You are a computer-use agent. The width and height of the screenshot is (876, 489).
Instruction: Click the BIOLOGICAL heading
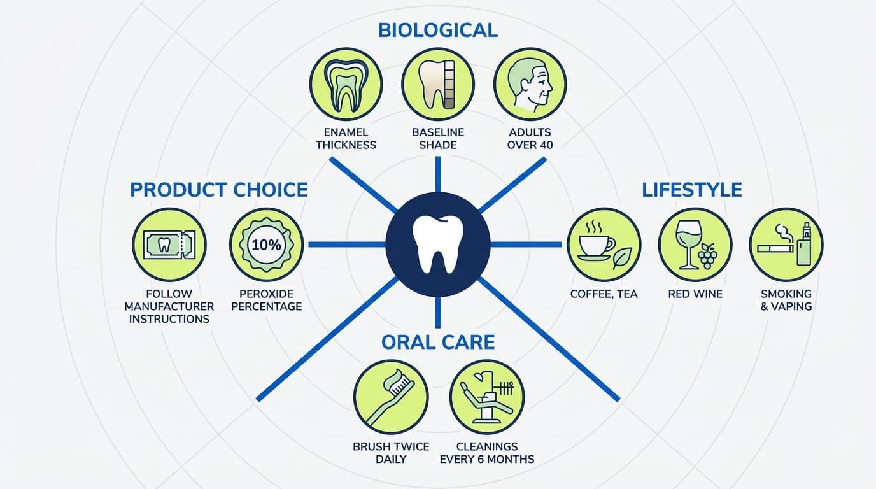pos(438,30)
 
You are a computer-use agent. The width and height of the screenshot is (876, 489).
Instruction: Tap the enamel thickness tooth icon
pos(346,83)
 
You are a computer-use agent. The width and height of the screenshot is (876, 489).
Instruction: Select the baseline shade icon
pos(438,83)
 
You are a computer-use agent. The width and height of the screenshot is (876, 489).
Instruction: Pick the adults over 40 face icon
pos(530,83)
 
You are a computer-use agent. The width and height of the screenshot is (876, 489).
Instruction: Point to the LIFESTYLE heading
pos(692,190)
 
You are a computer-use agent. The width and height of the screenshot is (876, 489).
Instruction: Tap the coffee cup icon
pos(604,245)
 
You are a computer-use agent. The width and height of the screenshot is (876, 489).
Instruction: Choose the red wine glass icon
pos(695,245)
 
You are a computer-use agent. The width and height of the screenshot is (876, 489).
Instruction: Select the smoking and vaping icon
pos(786,245)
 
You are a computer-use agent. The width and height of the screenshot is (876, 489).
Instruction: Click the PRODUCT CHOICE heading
pos(218,190)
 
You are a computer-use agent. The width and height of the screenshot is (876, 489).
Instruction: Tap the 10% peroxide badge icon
pos(266,245)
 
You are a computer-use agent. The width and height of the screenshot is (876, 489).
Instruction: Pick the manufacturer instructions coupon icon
pos(169,245)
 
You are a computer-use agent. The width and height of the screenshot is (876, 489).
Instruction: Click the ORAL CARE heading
pos(438,342)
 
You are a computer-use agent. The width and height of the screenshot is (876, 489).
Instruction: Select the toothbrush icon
pos(391,397)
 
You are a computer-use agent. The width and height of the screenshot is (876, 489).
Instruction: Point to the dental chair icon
pos(487,397)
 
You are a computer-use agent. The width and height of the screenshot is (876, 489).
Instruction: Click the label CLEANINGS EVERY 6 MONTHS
pos(487,453)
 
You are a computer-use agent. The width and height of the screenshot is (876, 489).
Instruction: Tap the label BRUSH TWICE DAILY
pos(391,453)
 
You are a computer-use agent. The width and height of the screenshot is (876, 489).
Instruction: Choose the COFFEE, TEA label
pos(604,294)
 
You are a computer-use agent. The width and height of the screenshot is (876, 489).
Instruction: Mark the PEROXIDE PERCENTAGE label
pos(266,300)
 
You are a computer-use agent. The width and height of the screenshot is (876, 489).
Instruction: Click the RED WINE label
pos(695,294)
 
